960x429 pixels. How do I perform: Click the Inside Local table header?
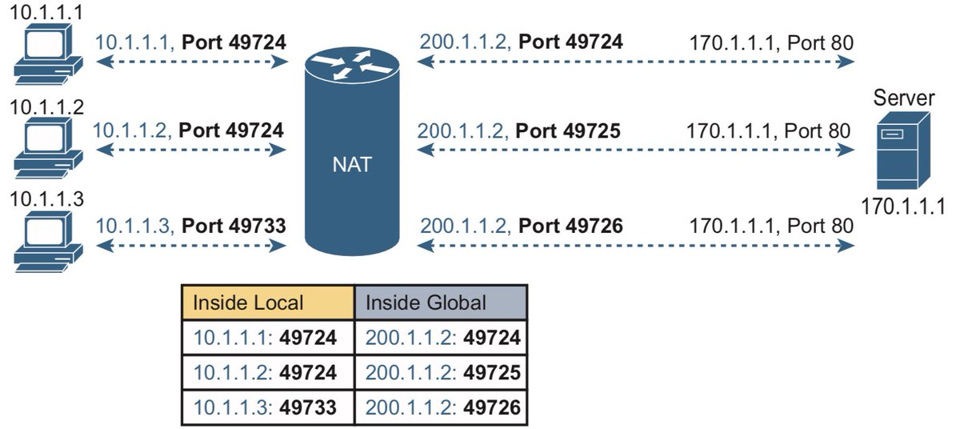point(268,303)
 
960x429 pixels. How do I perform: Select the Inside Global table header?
point(441,303)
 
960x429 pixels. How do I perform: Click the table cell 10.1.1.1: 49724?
point(268,339)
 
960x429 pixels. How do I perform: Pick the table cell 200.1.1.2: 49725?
point(441,373)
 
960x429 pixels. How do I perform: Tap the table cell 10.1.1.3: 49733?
point(268,407)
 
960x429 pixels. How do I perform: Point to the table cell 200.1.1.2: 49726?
point(441,407)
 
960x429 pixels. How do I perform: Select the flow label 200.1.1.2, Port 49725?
point(519,130)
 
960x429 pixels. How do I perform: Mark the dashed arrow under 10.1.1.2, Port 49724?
point(190,150)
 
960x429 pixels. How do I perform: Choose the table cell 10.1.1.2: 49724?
point(268,373)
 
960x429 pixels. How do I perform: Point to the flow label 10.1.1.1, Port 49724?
point(190,40)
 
